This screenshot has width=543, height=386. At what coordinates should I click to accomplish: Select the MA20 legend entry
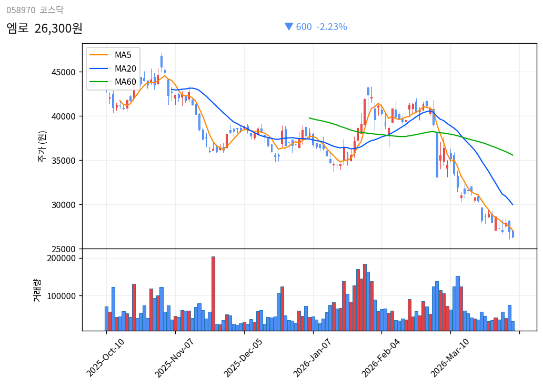pos(125,68)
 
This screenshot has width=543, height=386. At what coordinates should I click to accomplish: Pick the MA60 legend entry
pos(125,82)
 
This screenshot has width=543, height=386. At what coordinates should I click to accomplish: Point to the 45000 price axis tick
pos(65,72)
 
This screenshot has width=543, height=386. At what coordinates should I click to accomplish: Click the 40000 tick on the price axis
pos(65,116)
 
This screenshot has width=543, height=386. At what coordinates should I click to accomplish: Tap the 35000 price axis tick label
pos(65,161)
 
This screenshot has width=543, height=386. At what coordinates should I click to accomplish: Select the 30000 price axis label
pos(65,205)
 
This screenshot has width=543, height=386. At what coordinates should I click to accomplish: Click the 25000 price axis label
pos(65,249)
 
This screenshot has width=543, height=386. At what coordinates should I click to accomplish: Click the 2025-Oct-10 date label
pos(106,358)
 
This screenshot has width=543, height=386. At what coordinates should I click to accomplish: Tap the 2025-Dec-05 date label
pos(244,358)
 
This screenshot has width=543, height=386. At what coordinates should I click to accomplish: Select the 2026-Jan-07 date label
pos(313,358)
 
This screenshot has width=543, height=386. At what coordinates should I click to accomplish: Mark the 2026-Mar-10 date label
pos(450,358)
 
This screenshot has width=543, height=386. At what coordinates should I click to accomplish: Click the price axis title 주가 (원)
pos(42,146)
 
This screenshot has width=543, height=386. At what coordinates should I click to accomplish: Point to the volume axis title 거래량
pos(37,290)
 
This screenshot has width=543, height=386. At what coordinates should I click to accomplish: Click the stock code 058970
pos(21,10)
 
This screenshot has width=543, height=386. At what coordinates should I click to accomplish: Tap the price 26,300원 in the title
pos(58,28)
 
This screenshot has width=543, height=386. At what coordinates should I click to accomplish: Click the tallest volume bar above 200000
pos(213,293)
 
